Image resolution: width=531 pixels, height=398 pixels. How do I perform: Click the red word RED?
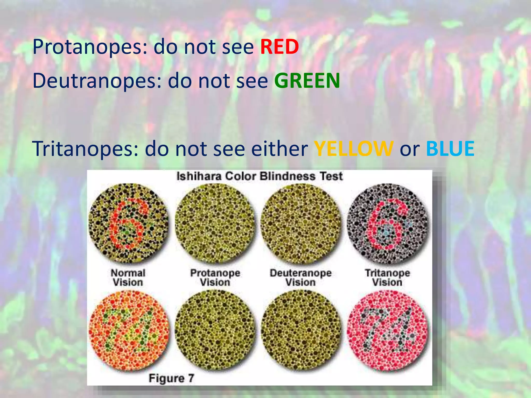point(280,47)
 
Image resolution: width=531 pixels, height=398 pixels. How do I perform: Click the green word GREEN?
point(307,81)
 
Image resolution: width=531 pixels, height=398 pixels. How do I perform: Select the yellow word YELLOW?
point(354,149)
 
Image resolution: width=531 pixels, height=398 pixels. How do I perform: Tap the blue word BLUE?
point(450,149)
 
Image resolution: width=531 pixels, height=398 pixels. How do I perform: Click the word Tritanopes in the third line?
point(86,149)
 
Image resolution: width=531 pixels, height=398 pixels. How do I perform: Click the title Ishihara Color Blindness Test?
point(260,176)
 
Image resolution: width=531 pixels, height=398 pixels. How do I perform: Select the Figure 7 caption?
point(171,378)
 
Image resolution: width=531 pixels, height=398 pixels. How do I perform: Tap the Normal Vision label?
point(128,278)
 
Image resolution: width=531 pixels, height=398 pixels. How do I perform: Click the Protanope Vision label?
point(215,278)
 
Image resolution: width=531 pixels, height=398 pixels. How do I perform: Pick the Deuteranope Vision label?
point(301,278)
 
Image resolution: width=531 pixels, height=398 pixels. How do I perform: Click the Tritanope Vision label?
point(387,278)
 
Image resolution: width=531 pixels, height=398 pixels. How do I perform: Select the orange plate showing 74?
point(128,330)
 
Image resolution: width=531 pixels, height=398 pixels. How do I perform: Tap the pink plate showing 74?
point(387,330)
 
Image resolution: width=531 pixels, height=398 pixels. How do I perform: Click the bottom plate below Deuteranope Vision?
point(301,330)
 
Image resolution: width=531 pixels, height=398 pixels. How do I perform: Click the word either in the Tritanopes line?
point(280,149)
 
